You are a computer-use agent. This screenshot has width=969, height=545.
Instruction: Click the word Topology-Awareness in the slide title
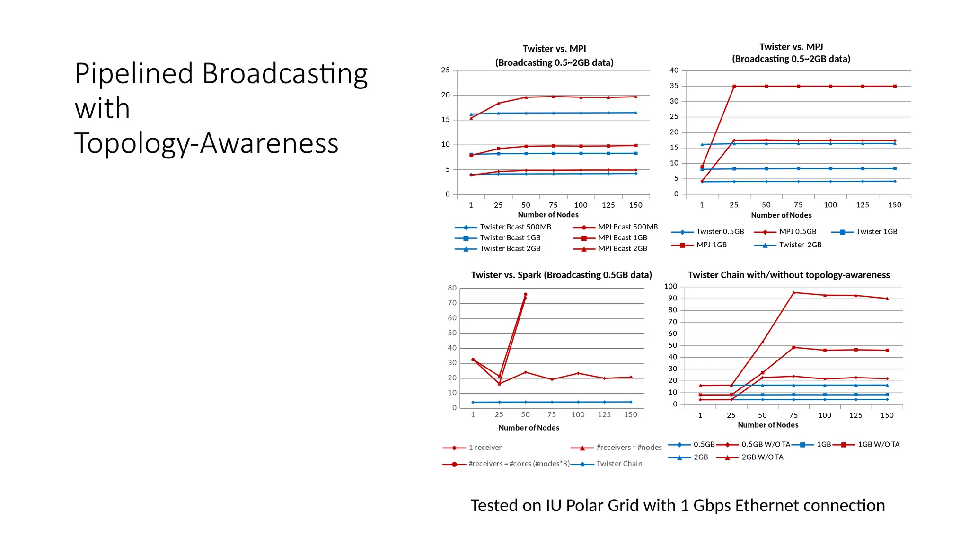[206, 143]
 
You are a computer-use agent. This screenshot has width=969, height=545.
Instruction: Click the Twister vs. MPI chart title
[554, 55]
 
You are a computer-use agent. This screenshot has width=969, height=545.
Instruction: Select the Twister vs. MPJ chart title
[791, 53]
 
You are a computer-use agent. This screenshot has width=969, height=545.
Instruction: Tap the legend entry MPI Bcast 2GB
[622, 249]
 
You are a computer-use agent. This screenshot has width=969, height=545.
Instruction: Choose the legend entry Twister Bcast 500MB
[515, 227]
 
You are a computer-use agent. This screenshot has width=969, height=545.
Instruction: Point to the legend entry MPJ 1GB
[711, 245]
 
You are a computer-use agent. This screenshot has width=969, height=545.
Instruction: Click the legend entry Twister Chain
[619, 464]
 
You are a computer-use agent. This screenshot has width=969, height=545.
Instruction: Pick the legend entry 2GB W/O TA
[762, 457]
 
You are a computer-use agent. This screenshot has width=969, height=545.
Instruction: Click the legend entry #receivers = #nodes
[628, 448]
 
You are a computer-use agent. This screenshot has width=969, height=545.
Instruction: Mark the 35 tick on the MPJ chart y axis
[674, 86]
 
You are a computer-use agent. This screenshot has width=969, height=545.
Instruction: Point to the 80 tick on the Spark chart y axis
[452, 288]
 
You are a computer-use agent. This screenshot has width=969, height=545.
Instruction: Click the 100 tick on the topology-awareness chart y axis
[670, 287]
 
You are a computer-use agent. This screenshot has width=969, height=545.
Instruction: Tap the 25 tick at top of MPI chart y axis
[445, 70]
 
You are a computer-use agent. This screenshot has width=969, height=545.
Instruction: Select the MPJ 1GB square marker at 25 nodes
[734, 87]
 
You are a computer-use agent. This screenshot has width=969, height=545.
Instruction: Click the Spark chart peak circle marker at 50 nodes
[525, 295]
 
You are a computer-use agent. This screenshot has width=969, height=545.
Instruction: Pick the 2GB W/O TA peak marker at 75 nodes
[793, 293]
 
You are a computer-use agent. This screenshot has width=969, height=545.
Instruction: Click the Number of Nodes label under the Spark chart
[529, 428]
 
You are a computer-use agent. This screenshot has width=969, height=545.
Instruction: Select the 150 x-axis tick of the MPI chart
[635, 205]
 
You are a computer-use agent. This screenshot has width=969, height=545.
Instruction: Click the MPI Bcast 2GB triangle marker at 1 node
[471, 118]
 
